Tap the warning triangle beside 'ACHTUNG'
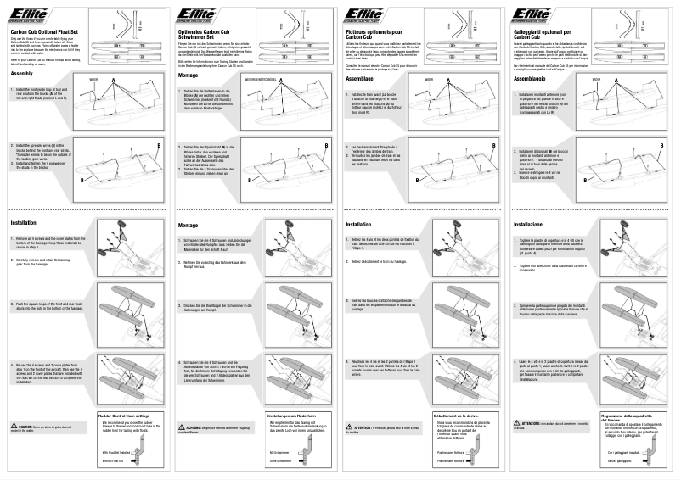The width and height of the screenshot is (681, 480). pyautogui.click(x=182, y=428)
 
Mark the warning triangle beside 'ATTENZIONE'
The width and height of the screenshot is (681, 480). pyautogui.click(x=518, y=422)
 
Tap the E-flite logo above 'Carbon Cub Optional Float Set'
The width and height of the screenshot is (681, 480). pyautogui.click(x=29, y=11)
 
